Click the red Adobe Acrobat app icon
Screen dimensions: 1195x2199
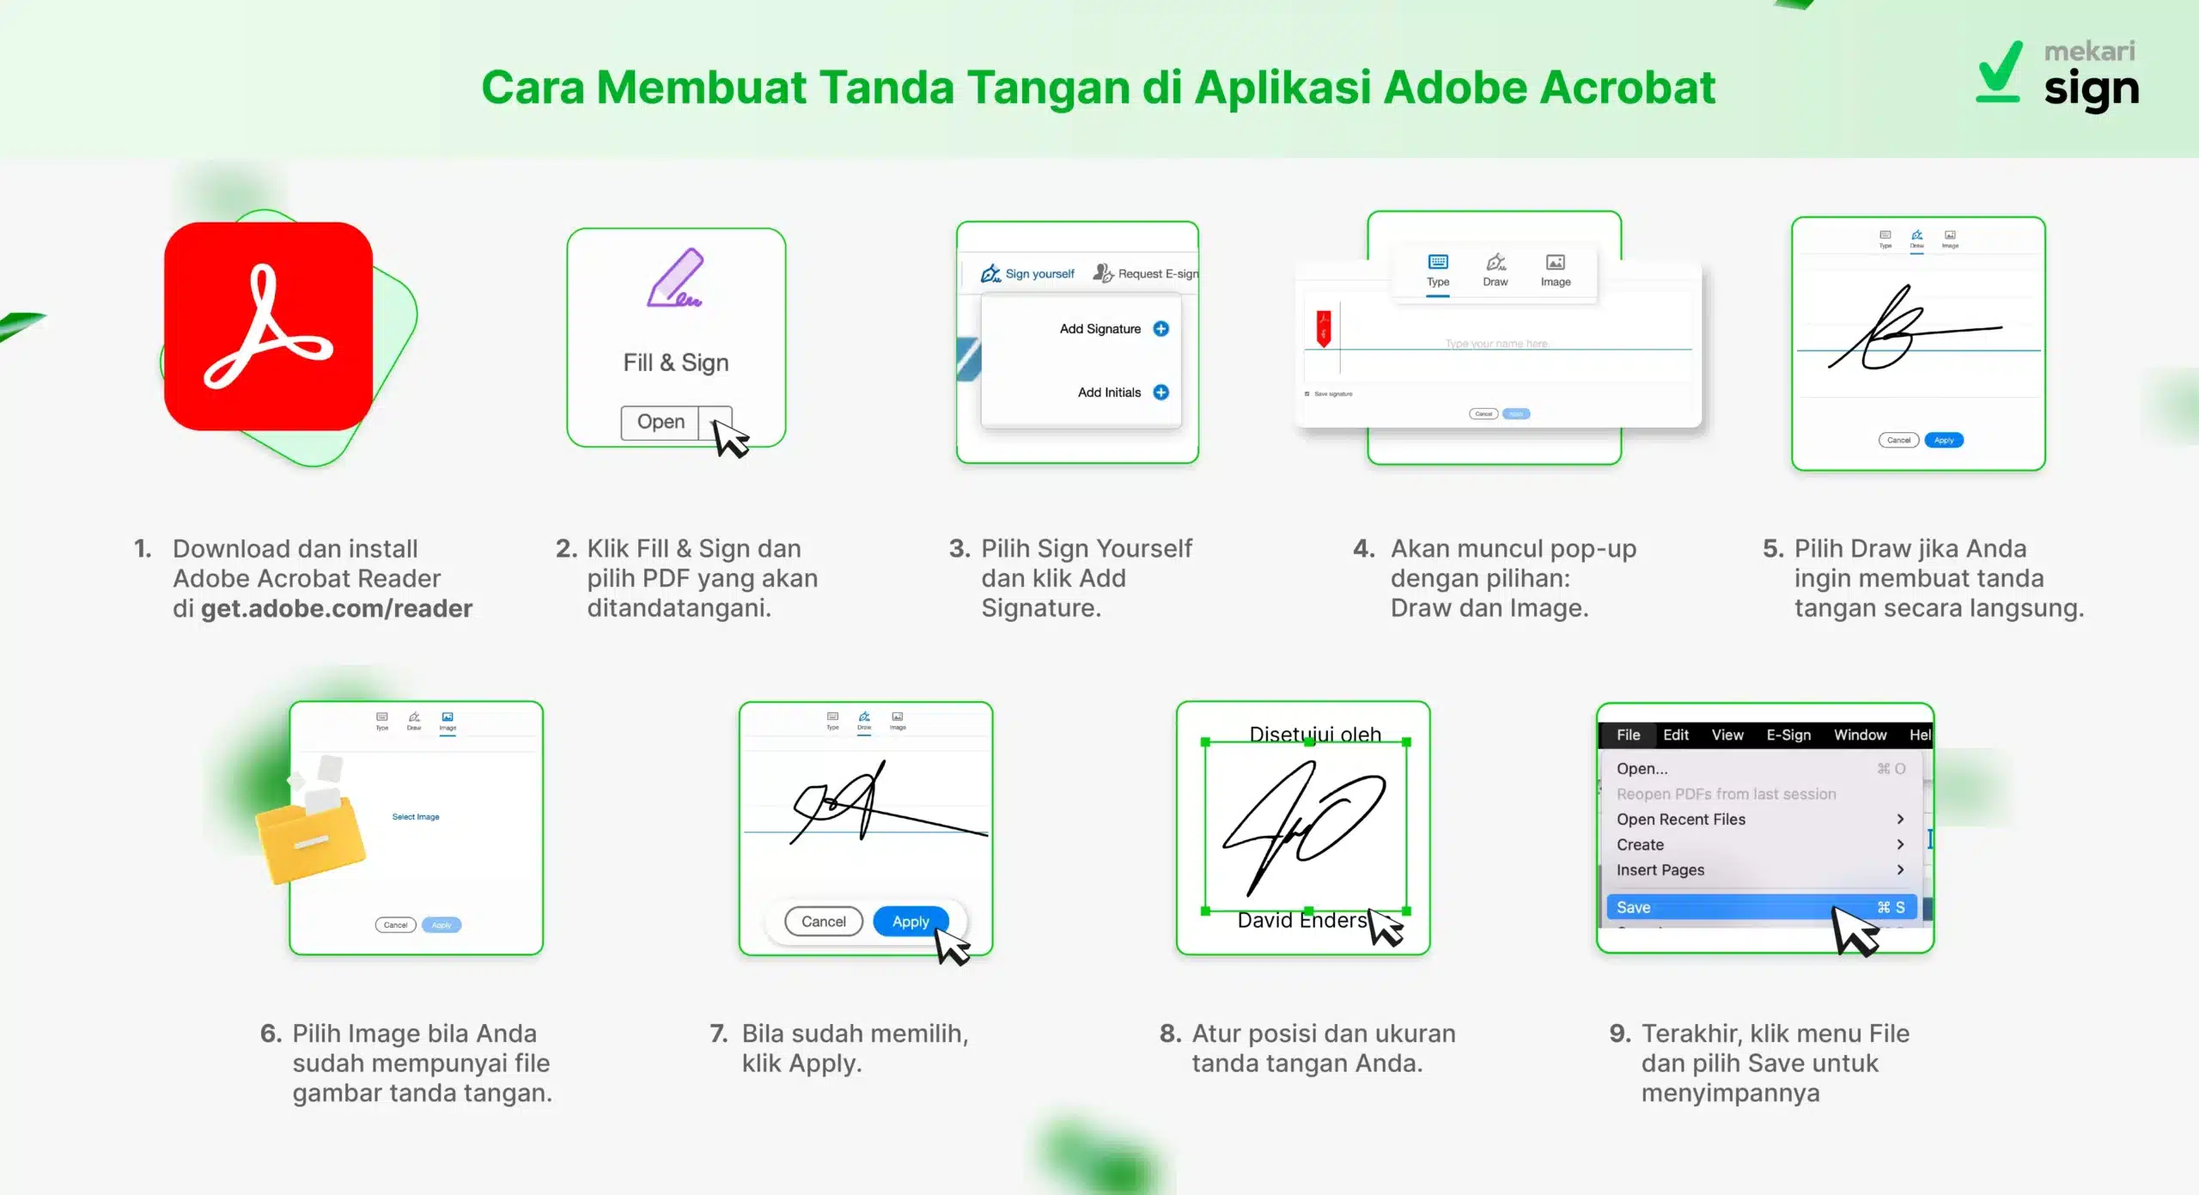coord(268,326)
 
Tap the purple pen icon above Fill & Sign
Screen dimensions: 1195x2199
coord(675,278)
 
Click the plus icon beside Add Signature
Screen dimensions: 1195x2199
coord(1160,329)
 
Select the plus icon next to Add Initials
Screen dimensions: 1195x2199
coord(1160,393)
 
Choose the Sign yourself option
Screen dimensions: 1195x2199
coord(1028,274)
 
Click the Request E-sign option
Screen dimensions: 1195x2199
coord(1146,274)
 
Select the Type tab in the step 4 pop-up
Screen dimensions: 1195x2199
coord(1438,270)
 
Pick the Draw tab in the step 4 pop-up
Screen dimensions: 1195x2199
coord(1495,270)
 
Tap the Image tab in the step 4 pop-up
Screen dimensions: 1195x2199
coord(1556,270)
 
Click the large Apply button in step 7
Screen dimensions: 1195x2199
coord(911,922)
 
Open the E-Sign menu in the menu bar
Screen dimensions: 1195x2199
coord(1788,735)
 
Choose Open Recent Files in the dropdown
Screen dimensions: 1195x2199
coord(1681,820)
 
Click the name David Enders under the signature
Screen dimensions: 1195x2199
coord(1301,921)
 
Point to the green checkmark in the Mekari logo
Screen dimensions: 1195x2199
coord(2000,74)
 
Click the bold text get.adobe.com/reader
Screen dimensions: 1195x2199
coord(337,609)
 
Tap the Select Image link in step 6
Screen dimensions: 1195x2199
coord(416,817)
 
